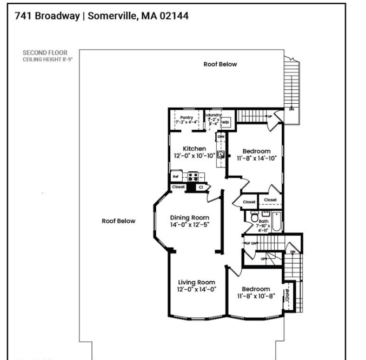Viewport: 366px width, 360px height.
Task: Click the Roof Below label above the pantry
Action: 220,64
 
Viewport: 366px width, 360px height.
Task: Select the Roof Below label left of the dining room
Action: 119,221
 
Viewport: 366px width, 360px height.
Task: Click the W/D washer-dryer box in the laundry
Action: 225,123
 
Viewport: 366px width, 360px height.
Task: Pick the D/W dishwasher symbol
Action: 221,137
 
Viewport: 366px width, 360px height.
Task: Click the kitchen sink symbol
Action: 221,154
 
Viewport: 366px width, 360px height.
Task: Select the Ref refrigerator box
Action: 176,176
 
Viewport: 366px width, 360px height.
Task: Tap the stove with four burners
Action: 193,176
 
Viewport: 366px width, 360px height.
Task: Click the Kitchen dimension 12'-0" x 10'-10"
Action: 194,156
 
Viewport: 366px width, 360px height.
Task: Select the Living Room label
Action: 197,282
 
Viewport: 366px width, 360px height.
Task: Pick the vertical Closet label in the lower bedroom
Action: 287,295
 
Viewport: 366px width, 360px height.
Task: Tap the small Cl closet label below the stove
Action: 201,187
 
